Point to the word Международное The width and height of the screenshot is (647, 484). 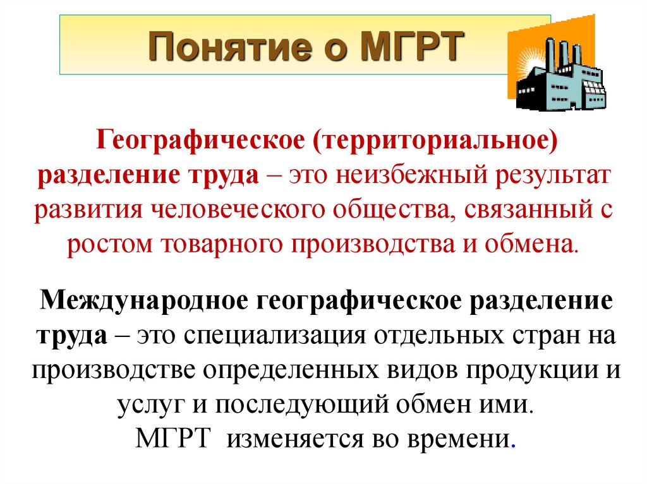click(142, 299)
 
